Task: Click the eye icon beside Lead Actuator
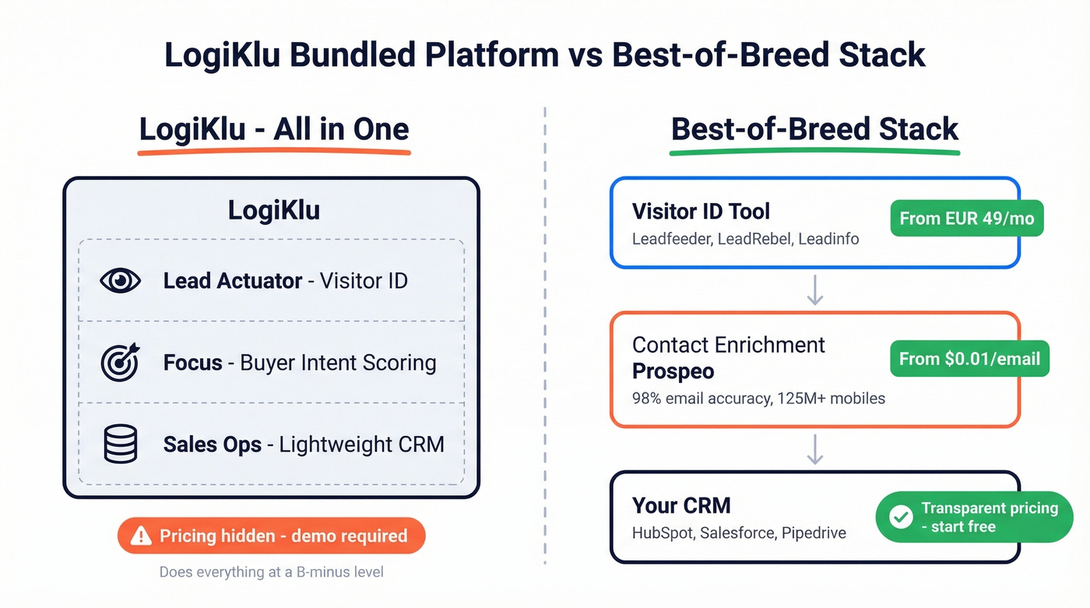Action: click(121, 280)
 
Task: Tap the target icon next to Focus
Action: click(121, 362)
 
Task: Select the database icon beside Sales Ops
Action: click(121, 444)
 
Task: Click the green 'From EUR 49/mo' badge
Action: click(966, 218)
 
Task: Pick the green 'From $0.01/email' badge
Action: click(969, 359)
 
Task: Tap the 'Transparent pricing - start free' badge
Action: click(974, 517)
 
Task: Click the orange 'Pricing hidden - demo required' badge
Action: click(272, 536)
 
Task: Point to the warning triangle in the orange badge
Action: click(141, 536)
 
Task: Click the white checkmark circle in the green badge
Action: click(901, 517)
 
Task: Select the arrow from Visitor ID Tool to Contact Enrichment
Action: click(814, 290)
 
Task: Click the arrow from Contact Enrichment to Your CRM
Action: click(814, 449)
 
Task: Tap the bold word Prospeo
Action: click(673, 371)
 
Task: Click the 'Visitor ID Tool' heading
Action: click(701, 211)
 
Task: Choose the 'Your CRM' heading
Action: click(681, 505)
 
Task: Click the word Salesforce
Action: click(739, 533)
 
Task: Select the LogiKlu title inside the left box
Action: click(273, 210)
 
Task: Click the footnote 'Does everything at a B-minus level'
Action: click(271, 572)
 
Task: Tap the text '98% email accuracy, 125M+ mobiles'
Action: click(758, 399)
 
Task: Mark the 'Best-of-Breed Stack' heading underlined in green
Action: click(814, 129)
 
